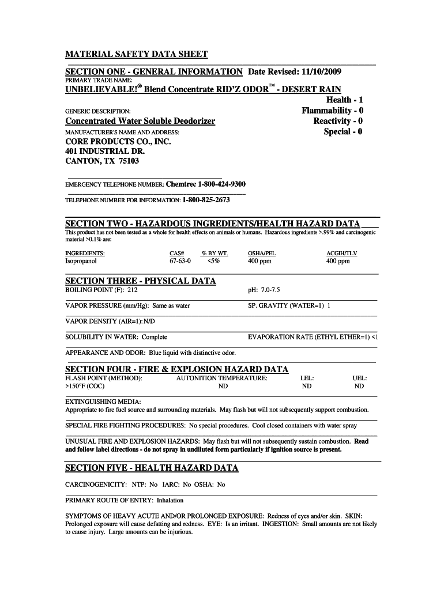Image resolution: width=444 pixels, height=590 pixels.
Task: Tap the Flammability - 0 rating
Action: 333,110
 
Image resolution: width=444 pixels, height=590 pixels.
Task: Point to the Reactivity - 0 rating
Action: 338,121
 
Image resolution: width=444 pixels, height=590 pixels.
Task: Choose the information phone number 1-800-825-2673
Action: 206,200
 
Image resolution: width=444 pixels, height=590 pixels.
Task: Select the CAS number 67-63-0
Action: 180,261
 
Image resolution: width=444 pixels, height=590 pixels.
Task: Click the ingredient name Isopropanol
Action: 81,261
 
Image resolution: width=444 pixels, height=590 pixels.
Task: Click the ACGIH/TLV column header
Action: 342,253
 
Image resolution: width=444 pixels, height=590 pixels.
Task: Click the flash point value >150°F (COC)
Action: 85,387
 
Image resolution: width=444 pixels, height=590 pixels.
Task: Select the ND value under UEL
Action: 359,387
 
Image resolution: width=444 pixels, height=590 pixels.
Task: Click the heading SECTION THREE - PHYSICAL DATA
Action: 141,281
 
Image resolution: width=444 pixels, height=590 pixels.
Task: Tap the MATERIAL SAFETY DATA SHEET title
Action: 136,55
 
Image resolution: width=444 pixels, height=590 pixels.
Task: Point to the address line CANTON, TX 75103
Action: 102,162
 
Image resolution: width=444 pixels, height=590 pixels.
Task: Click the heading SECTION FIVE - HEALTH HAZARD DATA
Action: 152,468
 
